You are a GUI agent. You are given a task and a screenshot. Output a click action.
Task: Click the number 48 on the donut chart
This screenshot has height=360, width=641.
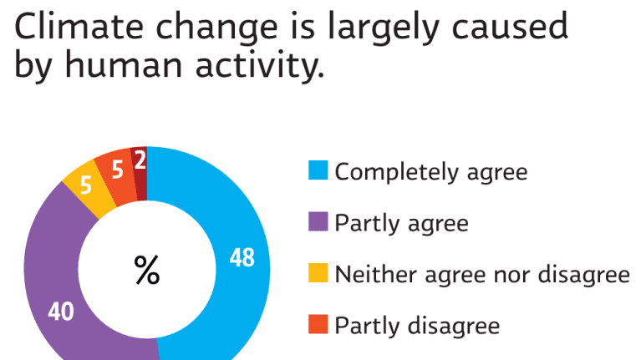pyautogui.click(x=242, y=259)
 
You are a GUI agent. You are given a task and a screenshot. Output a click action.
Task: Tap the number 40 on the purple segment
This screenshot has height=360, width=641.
pyautogui.click(x=60, y=312)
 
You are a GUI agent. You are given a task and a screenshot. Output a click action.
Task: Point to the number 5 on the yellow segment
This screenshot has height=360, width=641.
pyautogui.click(x=85, y=187)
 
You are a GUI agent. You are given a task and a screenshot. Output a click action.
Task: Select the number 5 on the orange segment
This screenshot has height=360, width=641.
pyautogui.click(x=118, y=170)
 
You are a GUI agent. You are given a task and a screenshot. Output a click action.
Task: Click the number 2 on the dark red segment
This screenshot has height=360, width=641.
pyautogui.click(x=140, y=160)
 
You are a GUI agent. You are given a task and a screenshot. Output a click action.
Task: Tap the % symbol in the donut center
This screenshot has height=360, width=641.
pyautogui.click(x=147, y=271)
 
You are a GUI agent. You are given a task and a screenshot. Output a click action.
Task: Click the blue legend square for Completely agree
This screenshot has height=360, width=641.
pyautogui.click(x=318, y=172)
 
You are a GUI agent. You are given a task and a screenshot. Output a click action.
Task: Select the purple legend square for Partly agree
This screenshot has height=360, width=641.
pyautogui.click(x=318, y=223)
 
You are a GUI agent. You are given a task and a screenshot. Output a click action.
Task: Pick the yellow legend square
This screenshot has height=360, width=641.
pyautogui.click(x=318, y=274)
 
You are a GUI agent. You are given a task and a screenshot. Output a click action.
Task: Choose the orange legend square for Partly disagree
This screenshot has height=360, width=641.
pyautogui.click(x=318, y=325)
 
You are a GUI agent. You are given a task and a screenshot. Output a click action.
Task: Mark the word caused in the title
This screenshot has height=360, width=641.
pyautogui.click(x=506, y=28)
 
